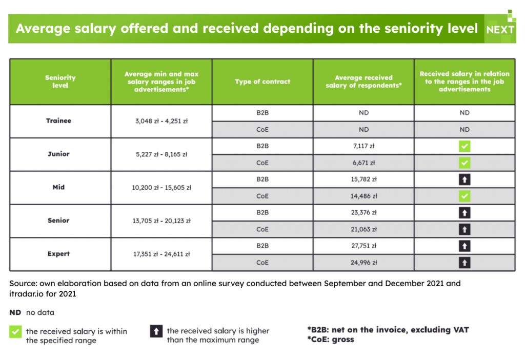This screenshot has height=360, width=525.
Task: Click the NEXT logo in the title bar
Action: click(x=500, y=30)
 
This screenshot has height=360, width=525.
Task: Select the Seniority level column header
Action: click(x=60, y=82)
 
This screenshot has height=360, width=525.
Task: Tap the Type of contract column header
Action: click(x=262, y=82)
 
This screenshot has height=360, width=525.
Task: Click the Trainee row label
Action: click(x=58, y=121)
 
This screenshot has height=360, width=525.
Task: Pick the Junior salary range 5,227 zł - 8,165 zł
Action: click(x=161, y=154)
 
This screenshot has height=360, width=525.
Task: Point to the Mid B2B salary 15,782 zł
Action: click(x=364, y=179)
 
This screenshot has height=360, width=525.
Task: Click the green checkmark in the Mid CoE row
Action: click(x=465, y=196)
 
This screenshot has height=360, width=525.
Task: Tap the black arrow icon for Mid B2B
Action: click(x=465, y=179)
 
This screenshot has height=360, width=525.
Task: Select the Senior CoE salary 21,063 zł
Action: click(x=364, y=229)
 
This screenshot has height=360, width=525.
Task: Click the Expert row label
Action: click(x=58, y=254)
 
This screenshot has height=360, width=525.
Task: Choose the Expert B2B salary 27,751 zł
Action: click(x=364, y=246)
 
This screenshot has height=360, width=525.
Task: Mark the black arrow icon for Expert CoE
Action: click(x=465, y=263)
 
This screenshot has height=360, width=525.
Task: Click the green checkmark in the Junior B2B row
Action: click(x=465, y=146)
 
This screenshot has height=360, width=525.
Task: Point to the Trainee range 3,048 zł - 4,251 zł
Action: click(x=161, y=121)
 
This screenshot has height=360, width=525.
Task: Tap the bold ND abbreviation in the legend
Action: click(x=15, y=312)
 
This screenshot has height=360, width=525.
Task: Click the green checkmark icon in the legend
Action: click(x=15, y=331)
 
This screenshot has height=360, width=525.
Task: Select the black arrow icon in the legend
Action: click(x=156, y=331)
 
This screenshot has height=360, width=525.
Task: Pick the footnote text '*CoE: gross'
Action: click(x=331, y=339)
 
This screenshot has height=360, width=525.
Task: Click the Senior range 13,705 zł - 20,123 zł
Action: click(x=161, y=221)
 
